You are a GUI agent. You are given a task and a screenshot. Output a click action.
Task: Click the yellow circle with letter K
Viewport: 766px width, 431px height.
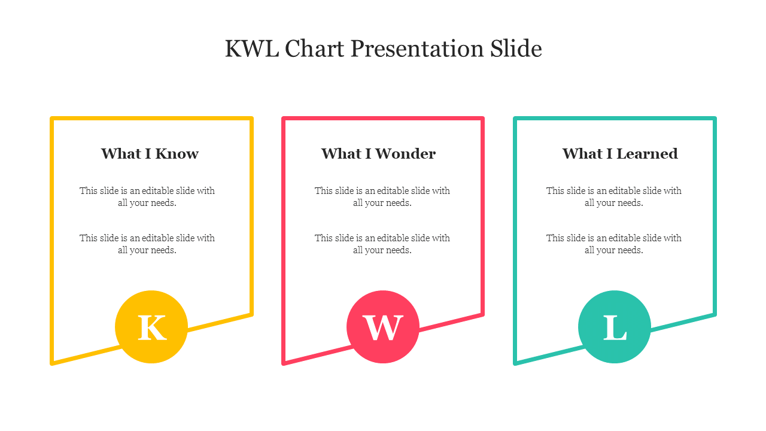click(x=151, y=327)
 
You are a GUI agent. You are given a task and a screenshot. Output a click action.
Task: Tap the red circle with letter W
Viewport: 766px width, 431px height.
click(x=383, y=327)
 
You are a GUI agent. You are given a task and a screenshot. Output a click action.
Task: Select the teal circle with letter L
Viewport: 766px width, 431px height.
click(x=615, y=327)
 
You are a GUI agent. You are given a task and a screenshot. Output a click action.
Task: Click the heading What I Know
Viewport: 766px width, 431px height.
click(x=150, y=154)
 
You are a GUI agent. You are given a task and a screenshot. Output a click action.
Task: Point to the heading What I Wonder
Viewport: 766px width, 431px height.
click(x=379, y=154)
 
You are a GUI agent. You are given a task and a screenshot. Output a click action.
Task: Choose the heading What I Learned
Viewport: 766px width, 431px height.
click(x=620, y=154)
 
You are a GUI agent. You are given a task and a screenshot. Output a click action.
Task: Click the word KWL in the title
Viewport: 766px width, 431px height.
click(x=252, y=48)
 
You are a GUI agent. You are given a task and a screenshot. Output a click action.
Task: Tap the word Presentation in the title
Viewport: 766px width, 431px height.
click(x=417, y=50)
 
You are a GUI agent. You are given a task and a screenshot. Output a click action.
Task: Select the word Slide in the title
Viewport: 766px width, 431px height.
click(x=516, y=48)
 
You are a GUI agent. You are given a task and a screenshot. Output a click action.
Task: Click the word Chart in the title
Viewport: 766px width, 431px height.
click(x=315, y=48)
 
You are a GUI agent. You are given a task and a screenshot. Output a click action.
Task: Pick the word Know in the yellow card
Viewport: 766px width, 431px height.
click(x=177, y=154)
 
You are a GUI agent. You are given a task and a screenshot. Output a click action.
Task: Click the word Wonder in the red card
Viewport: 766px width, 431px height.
click(x=406, y=154)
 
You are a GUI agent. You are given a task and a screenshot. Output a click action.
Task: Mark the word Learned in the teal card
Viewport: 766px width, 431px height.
click(x=647, y=154)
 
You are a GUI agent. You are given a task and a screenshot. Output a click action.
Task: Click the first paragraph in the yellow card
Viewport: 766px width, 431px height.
click(x=147, y=197)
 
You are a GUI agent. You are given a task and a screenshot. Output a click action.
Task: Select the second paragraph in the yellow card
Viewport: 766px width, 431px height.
click(x=147, y=244)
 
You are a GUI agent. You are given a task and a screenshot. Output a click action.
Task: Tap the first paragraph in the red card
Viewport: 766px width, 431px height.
click(x=382, y=197)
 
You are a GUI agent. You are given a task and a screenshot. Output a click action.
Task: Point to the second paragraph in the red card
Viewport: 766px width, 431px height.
click(x=382, y=244)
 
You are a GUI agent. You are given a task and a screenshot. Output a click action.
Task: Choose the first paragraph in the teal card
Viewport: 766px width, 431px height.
click(x=614, y=197)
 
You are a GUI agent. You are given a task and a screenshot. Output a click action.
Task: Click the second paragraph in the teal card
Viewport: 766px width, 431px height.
click(x=614, y=244)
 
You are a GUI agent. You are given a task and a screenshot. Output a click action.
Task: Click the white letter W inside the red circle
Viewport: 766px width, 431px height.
click(x=383, y=327)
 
